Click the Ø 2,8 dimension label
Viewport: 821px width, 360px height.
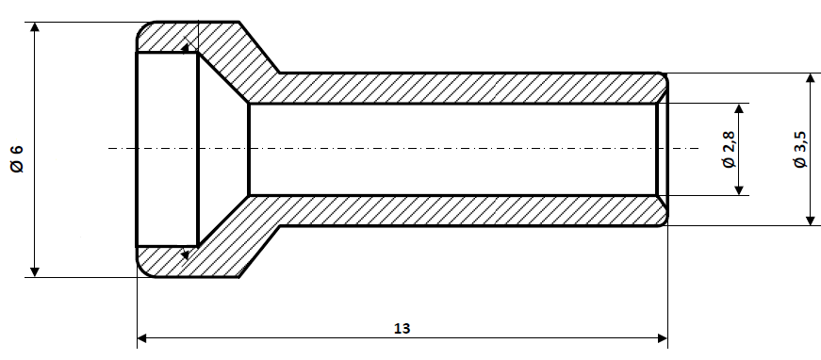pos(727,150)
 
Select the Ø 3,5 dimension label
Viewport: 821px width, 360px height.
pos(799,150)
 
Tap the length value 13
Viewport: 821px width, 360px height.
pos(402,328)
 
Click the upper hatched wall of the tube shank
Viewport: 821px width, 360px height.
pos(452,88)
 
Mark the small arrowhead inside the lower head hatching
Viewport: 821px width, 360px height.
pos(185,253)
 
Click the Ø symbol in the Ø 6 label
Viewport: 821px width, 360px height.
pos(17,167)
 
